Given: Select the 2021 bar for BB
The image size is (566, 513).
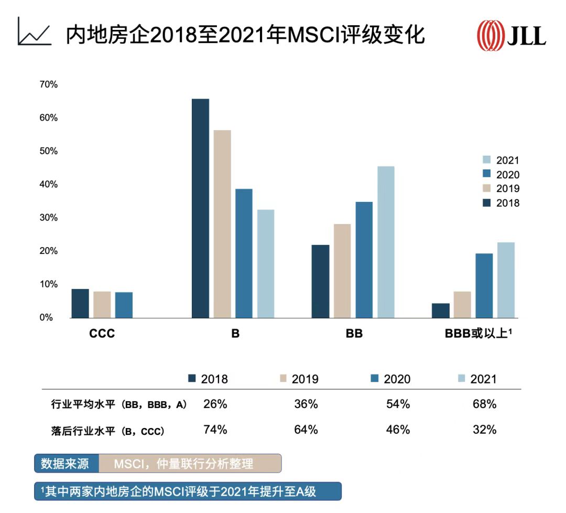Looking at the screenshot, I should click(386, 242).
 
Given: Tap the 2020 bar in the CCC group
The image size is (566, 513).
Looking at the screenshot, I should click(124, 305).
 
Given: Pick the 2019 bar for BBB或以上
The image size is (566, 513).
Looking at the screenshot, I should click(462, 305).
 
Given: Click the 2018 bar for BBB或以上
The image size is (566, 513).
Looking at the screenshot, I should click(441, 311).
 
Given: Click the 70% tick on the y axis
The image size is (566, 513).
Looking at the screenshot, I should click(49, 84).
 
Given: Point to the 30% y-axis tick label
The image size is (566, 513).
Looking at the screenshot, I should click(49, 218).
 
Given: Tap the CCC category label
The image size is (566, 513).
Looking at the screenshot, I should click(102, 334).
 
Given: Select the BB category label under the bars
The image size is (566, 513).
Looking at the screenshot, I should click(354, 334).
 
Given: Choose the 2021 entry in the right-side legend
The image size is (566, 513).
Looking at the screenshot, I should click(501, 161).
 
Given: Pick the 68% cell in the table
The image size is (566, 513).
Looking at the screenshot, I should click(484, 404).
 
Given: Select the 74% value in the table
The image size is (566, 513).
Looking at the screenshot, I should click(215, 430).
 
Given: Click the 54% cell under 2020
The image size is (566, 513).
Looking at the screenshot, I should click(398, 404).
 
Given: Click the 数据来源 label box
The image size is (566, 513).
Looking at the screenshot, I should click(66, 464).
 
